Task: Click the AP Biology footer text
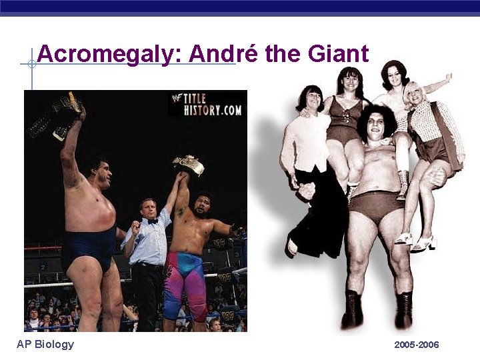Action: point(45,344)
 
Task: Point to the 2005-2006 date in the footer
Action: point(416,345)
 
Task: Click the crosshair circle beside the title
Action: point(31,65)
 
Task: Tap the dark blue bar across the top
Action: point(240,7)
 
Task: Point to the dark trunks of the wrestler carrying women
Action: point(377,203)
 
